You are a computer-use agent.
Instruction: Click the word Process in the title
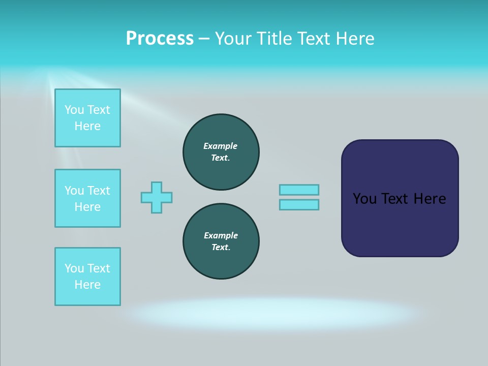coord(160,39)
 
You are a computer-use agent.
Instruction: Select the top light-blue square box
coord(87,118)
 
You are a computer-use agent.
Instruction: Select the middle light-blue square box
coord(87,198)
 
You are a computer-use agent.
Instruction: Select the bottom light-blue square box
coord(87,277)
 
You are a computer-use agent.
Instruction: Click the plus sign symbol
coord(157,197)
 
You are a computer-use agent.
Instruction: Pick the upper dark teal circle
coord(221,152)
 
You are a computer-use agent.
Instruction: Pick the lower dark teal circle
coord(221,241)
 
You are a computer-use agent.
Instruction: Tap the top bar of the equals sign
coord(299,190)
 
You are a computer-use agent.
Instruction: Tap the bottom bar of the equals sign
coord(299,205)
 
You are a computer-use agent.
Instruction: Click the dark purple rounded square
coord(400,224)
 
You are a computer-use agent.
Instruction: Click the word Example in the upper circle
coord(221,146)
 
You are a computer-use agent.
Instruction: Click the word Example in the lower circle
coord(221,235)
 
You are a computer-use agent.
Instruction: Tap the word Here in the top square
coord(87,126)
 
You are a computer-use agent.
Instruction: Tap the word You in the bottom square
coord(74,268)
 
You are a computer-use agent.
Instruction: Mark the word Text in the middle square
coord(99,191)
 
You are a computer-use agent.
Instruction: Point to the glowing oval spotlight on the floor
coord(274,313)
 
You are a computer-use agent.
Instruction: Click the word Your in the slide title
coord(232,39)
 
